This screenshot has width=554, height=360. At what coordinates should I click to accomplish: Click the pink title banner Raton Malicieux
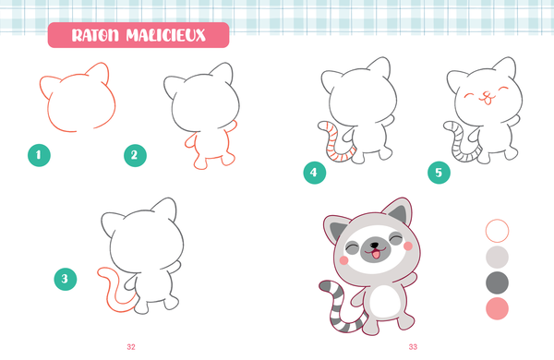pos(138,36)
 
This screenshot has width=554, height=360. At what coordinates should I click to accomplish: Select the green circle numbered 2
pos(136,155)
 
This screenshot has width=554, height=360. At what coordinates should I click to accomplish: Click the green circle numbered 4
pos(315,171)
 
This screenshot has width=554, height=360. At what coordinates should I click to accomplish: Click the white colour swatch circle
pos(497,229)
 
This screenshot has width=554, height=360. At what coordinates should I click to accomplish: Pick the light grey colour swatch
pos(497,256)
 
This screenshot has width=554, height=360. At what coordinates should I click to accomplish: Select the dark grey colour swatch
pos(497,282)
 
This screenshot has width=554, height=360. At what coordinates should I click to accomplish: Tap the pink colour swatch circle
pos(497,308)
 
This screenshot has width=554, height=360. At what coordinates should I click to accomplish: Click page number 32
pos(131,346)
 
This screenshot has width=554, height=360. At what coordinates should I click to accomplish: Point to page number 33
pos(413,346)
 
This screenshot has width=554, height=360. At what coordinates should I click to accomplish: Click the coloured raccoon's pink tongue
pos(376,258)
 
